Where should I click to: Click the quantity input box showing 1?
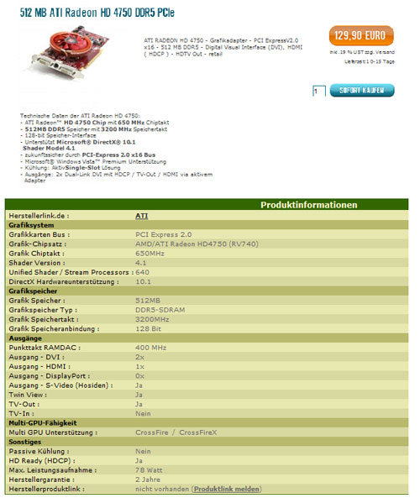318,90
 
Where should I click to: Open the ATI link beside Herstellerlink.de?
141,216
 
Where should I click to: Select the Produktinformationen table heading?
309,205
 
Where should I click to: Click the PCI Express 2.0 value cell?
164,234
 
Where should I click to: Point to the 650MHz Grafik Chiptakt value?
150,253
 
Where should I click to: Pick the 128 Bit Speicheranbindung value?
149,328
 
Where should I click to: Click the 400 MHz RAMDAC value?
151,347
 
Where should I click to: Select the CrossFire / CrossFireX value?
174,432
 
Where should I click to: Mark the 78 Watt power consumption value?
149,469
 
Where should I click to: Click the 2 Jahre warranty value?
149,479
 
